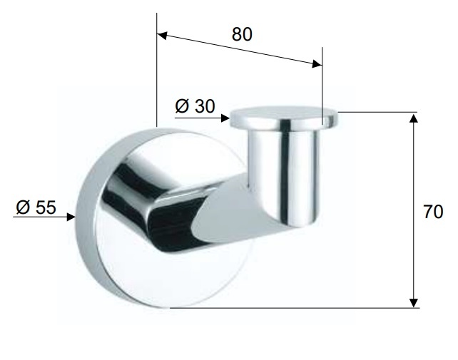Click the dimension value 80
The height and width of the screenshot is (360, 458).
click(x=242, y=34)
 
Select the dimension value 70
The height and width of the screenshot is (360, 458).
click(x=433, y=212)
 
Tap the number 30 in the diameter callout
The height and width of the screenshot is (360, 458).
click(x=204, y=106)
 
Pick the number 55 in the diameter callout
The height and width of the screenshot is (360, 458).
click(x=45, y=207)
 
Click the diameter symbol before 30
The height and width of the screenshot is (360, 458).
click(x=182, y=106)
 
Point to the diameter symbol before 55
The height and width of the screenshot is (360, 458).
click(x=23, y=207)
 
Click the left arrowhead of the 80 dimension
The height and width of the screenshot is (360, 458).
click(x=162, y=34)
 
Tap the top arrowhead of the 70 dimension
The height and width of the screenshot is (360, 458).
click(x=413, y=118)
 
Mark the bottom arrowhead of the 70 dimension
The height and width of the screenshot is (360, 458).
click(x=413, y=302)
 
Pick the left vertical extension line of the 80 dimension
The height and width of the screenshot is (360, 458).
click(x=156, y=78)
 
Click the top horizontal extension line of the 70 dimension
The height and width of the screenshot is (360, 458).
click(x=378, y=112)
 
